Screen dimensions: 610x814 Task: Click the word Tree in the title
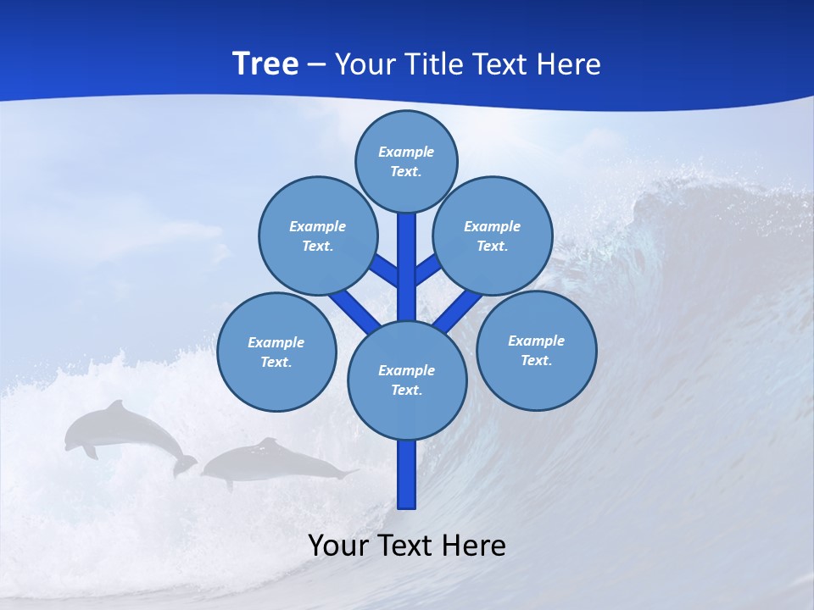pyautogui.click(x=265, y=64)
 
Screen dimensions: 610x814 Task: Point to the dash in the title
pyautogui.click(x=316, y=65)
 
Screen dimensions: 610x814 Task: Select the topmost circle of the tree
pyautogui.click(x=406, y=161)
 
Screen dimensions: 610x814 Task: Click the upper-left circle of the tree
pyautogui.click(x=318, y=236)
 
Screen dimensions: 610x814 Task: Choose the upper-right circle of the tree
pyautogui.click(x=493, y=236)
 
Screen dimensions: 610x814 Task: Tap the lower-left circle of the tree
pyautogui.click(x=276, y=352)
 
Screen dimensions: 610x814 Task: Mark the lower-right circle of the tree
pyautogui.click(x=537, y=350)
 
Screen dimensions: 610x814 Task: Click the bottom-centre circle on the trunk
pyautogui.click(x=407, y=380)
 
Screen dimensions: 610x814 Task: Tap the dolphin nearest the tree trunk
pyautogui.click(x=276, y=462)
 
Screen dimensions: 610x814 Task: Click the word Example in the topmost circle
pyautogui.click(x=406, y=152)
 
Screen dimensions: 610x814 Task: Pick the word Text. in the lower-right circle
pyautogui.click(x=537, y=360)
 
